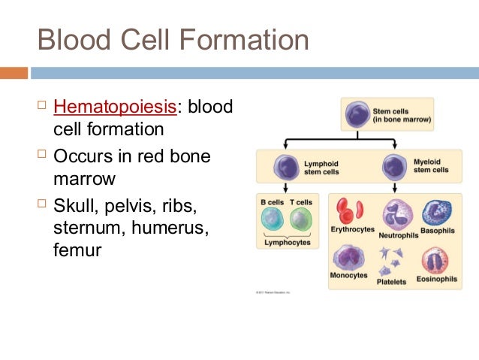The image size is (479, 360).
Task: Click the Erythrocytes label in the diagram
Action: pyautogui.click(x=351, y=229)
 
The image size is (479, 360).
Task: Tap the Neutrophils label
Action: pyautogui.click(x=399, y=234)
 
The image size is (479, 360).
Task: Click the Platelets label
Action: pyautogui.click(x=391, y=282)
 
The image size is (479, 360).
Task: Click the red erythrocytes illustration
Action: pyautogui.click(x=349, y=210)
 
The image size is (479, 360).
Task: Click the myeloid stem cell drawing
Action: pyautogui.click(x=393, y=165)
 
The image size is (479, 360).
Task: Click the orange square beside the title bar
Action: pyautogui.click(x=14, y=73)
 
